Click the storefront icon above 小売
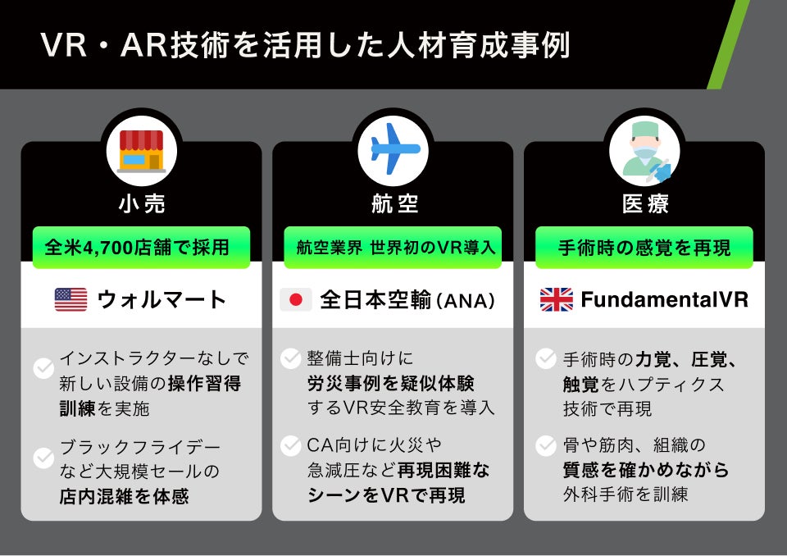pyautogui.click(x=141, y=151)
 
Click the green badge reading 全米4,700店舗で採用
pyautogui.click(x=141, y=247)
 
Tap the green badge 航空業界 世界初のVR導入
pyautogui.click(x=393, y=247)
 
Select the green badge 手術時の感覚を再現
pyautogui.click(x=644, y=247)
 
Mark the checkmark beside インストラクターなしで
pyautogui.click(x=43, y=369)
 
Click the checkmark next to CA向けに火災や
pyautogui.click(x=291, y=445)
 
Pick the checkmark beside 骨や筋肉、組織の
pyautogui.click(x=546, y=445)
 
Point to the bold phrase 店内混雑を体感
pyautogui.click(x=124, y=495)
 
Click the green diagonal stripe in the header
pyautogui.click(x=728, y=45)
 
